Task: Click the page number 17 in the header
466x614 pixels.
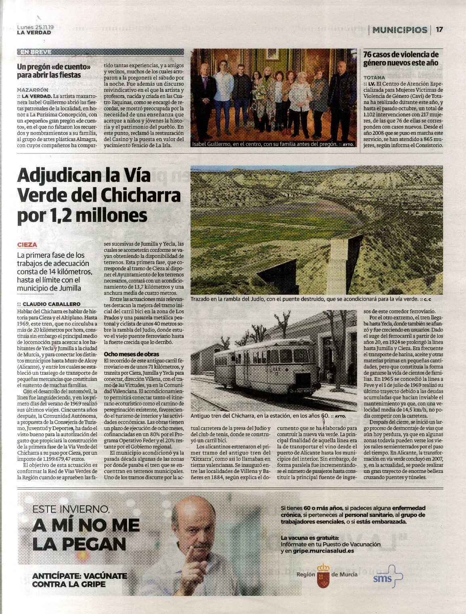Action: pyautogui.click(x=439, y=30)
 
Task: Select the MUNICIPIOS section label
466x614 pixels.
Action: pyautogui.click(x=399, y=30)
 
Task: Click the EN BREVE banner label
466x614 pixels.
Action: pyautogui.click(x=36, y=52)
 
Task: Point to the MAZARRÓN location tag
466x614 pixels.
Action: pyautogui.click(x=32, y=90)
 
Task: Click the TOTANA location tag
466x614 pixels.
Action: pyautogui.click(x=374, y=77)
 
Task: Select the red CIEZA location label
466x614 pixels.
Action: pyautogui.click(x=27, y=245)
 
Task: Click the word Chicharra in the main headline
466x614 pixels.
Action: pyautogui.click(x=140, y=195)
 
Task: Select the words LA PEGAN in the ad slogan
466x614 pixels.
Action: pyautogui.click(x=79, y=544)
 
